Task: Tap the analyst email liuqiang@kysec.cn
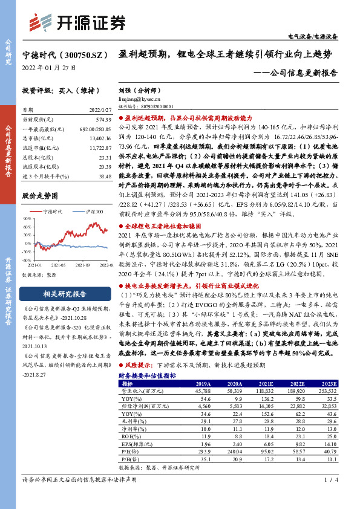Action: pyautogui.click(x=139, y=98)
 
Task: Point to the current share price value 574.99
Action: pyautogui.click(x=102, y=121)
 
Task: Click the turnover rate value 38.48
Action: pyautogui.click(x=104, y=175)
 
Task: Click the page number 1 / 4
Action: pyautogui.click(x=329, y=497)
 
